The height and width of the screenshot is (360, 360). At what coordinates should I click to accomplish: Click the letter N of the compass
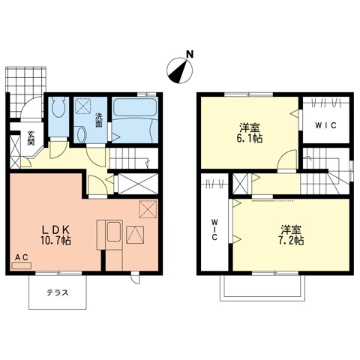[190, 54]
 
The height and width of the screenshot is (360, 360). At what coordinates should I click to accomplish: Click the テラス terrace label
[58, 292]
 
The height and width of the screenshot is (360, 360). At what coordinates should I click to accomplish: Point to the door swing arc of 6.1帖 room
[286, 160]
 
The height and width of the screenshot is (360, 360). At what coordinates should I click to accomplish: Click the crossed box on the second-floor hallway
[241, 183]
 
